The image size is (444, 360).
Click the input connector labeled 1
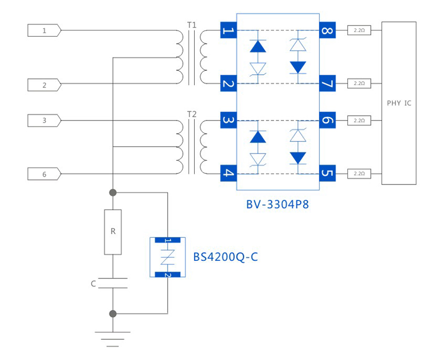(44, 31)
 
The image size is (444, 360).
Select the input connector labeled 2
(44, 85)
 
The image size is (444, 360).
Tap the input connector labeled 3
(44, 121)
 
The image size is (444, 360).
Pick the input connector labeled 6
(44, 174)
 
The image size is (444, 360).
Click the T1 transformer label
(192, 25)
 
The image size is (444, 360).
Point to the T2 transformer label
(192, 114)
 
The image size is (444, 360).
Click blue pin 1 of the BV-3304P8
(228, 30)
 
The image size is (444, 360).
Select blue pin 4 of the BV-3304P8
(228, 173)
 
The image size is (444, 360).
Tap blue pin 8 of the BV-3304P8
(327, 30)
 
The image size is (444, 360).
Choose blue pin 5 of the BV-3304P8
(327, 173)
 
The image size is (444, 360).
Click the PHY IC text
(399, 103)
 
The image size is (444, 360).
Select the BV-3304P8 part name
(277, 204)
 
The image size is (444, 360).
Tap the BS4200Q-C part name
(225, 257)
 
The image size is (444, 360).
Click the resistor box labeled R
(113, 231)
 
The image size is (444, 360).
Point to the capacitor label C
(93, 284)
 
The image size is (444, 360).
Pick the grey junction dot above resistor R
(113, 192)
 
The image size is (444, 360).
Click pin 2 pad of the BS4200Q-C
(168, 274)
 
